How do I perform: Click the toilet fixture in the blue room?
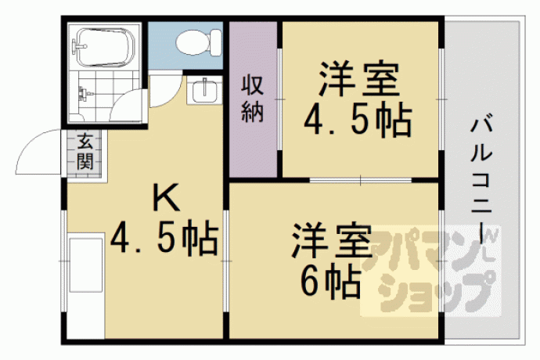click(199, 42)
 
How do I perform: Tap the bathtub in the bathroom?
click(105, 47)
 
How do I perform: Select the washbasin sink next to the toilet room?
click(203, 90)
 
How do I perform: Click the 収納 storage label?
click(253, 99)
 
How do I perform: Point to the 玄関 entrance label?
click(85, 152)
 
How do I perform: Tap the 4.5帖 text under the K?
click(164, 239)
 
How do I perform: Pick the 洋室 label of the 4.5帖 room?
click(359, 79)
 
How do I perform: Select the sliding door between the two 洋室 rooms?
click(361, 180)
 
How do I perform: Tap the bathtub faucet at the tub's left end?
click(78, 45)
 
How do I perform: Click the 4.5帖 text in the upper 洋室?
click(358, 121)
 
